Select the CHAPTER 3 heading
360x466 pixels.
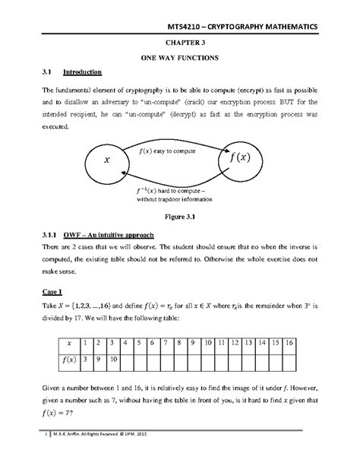(x=179, y=44)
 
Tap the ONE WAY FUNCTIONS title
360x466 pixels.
(x=179, y=58)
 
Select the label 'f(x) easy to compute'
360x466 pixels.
(x=169, y=152)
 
